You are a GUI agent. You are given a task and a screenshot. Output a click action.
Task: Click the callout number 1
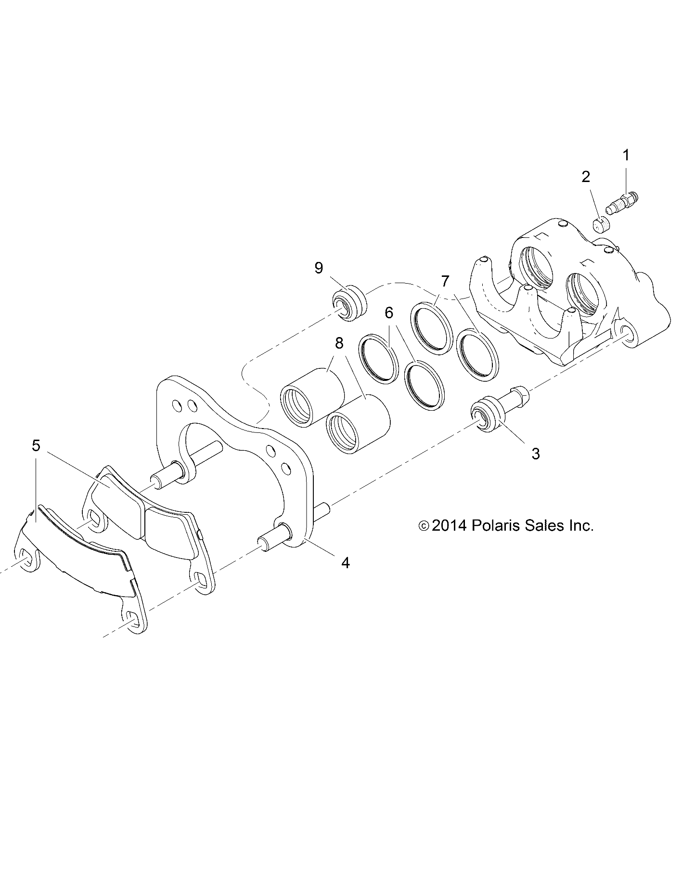626,156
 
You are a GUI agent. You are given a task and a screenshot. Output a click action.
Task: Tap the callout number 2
585,177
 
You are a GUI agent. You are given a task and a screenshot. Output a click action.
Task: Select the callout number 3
535,453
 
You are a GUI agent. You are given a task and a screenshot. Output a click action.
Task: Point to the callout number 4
345,562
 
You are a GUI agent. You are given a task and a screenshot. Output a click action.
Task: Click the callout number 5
36,445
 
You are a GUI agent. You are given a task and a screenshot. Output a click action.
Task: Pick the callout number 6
388,313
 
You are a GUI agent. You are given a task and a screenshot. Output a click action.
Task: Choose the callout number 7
445,281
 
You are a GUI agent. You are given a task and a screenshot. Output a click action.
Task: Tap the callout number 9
319,268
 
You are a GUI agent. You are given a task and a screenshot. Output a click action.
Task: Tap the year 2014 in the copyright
449,525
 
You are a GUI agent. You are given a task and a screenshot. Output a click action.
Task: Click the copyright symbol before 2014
424,526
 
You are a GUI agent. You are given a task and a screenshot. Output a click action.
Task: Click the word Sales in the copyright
547,525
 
